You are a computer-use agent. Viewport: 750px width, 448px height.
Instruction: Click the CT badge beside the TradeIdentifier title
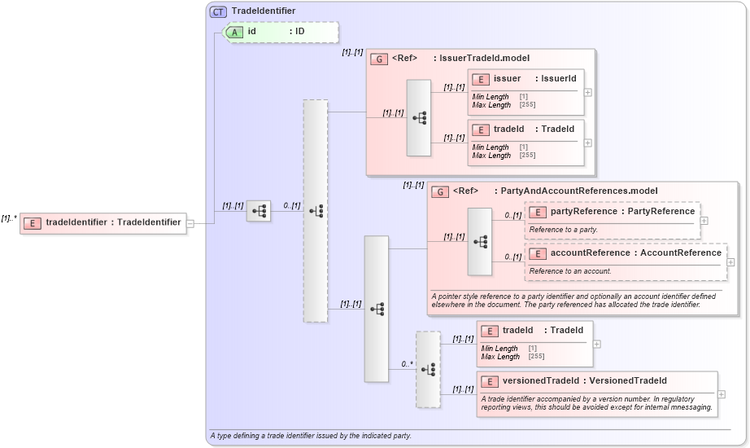218,11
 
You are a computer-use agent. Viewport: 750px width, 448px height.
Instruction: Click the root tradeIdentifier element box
103,222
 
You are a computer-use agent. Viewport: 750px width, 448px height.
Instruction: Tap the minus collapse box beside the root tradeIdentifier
190,223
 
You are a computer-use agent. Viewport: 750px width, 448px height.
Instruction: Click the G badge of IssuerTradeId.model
378,59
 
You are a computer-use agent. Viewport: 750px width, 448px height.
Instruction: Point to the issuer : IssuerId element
525,79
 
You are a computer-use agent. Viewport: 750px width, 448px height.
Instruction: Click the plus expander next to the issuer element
588,92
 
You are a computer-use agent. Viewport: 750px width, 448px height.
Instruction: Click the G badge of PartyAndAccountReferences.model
439,191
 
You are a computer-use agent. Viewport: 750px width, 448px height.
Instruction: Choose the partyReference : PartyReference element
613,212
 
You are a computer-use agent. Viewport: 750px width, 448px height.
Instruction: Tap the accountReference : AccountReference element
625,253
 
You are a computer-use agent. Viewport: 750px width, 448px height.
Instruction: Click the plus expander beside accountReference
730,262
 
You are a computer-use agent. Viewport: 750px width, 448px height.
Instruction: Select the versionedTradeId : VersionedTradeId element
585,381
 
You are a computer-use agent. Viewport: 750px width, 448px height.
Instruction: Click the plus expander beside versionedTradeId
721,394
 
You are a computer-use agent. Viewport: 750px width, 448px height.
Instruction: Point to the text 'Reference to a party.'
563,230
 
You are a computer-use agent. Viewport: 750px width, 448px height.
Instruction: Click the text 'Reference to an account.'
570,271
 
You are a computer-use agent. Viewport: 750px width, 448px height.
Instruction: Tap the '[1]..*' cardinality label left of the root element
9,218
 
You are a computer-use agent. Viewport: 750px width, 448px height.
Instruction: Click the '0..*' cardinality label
407,364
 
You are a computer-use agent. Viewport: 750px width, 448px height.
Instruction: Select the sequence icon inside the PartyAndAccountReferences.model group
480,242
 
